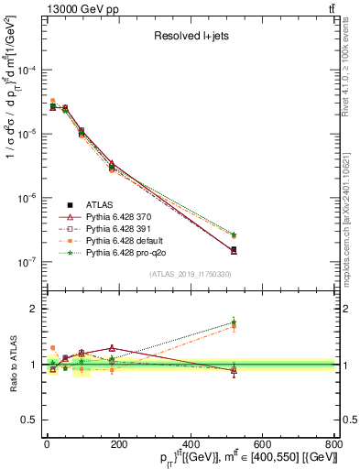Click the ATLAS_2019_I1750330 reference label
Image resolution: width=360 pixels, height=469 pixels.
[x=190, y=274]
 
